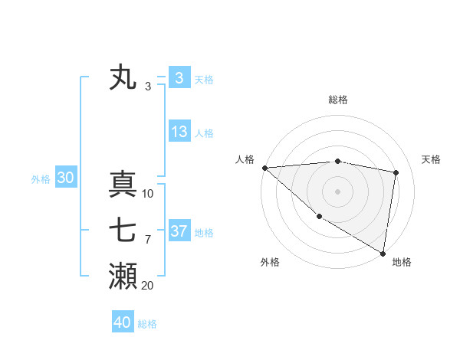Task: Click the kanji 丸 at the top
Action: [x=123, y=78]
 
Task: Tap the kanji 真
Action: [x=123, y=185]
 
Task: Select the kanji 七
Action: [x=123, y=231]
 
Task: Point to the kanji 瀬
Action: [x=123, y=277]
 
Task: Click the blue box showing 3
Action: [x=179, y=78]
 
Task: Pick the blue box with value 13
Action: [x=179, y=132]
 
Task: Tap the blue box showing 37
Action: [x=179, y=231]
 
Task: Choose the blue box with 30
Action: [x=66, y=178]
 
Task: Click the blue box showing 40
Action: [x=123, y=322]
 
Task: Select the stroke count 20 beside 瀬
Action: [x=147, y=285]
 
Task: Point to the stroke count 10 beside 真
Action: [x=148, y=194]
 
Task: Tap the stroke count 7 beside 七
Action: [x=147, y=240]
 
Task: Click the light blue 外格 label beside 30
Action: [x=41, y=179]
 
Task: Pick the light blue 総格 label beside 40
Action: [x=147, y=324]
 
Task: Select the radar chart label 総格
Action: [x=338, y=100]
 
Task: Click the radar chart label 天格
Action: [x=432, y=159]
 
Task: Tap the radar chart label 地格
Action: [x=402, y=262]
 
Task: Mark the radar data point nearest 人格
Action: [x=264, y=168]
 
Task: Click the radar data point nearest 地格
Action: [x=382, y=252]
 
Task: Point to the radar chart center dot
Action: [x=337, y=191]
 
